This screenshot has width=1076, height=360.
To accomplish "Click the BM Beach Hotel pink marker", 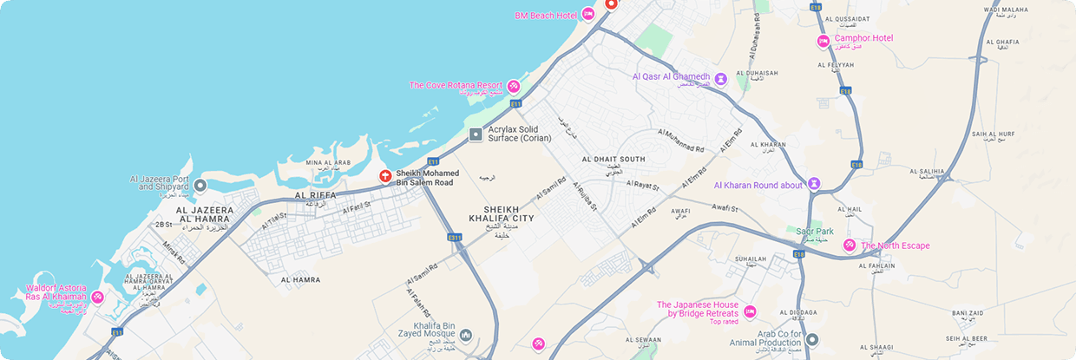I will click(587, 15).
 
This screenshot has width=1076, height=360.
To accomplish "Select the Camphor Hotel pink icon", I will click(823, 40).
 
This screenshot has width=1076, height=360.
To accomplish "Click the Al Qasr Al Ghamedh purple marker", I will click(720, 79).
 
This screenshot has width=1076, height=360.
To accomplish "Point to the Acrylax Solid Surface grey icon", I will click(476, 134).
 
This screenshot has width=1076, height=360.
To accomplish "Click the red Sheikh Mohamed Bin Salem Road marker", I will click(385, 177).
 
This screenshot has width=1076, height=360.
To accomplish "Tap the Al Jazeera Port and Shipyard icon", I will click(200, 185).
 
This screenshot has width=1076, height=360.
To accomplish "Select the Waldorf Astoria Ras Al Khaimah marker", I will click(98, 298).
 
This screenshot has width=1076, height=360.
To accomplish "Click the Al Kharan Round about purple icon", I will click(814, 184).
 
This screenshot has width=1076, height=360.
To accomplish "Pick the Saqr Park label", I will click(814, 232).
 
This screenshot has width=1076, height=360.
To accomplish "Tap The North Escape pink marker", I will click(850, 245).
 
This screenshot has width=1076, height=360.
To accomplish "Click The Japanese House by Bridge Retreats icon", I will click(750, 311).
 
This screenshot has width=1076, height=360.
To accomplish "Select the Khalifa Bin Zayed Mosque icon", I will click(466, 335).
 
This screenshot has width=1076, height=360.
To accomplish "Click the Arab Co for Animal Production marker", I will click(812, 340).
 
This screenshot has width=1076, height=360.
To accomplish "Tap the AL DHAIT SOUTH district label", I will click(613, 159).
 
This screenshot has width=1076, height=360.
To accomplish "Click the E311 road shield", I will click(455, 236).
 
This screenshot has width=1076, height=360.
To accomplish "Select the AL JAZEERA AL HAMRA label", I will click(205, 215).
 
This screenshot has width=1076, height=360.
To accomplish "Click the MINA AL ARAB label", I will click(328, 162).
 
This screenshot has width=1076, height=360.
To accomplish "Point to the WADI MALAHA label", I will click(1006, 10).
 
